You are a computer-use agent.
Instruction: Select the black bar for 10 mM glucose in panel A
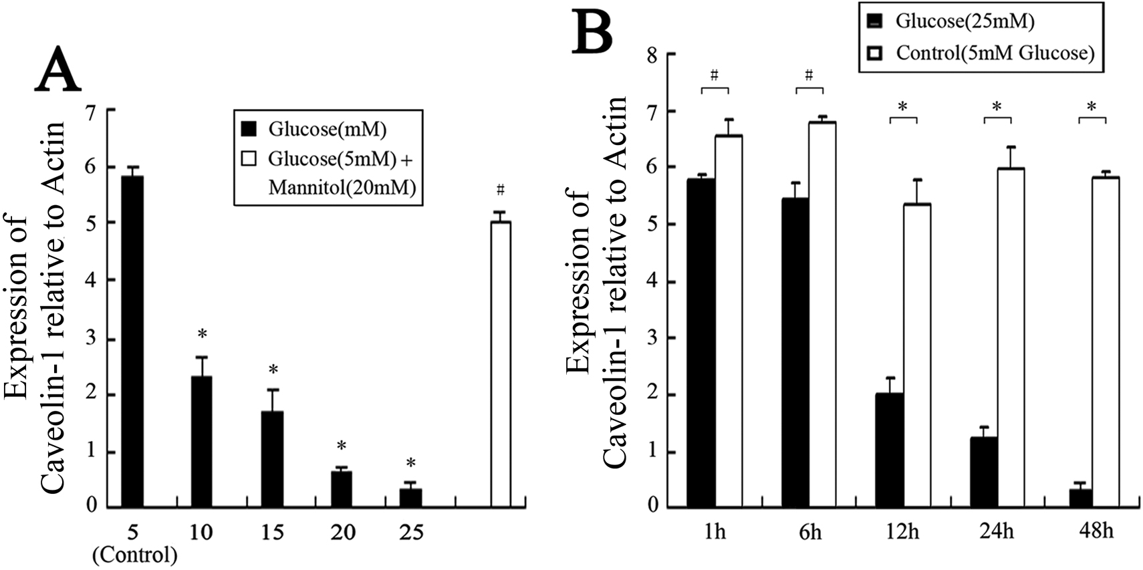[x=201, y=441]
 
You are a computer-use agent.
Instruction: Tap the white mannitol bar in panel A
[x=501, y=364]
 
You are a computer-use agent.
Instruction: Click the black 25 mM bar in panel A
[x=410, y=498]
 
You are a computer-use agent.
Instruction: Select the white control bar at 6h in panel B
[x=822, y=314]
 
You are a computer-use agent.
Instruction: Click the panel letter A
[x=57, y=72]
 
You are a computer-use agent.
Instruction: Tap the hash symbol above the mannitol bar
[x=501, y=190]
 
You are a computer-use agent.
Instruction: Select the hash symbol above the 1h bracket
[x=715, y=75]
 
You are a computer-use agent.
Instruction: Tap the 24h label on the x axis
[x=997, y=532]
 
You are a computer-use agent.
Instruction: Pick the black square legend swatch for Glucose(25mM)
[x=876, y=21]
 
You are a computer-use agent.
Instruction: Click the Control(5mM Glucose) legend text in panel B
[x=995, y=53]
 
